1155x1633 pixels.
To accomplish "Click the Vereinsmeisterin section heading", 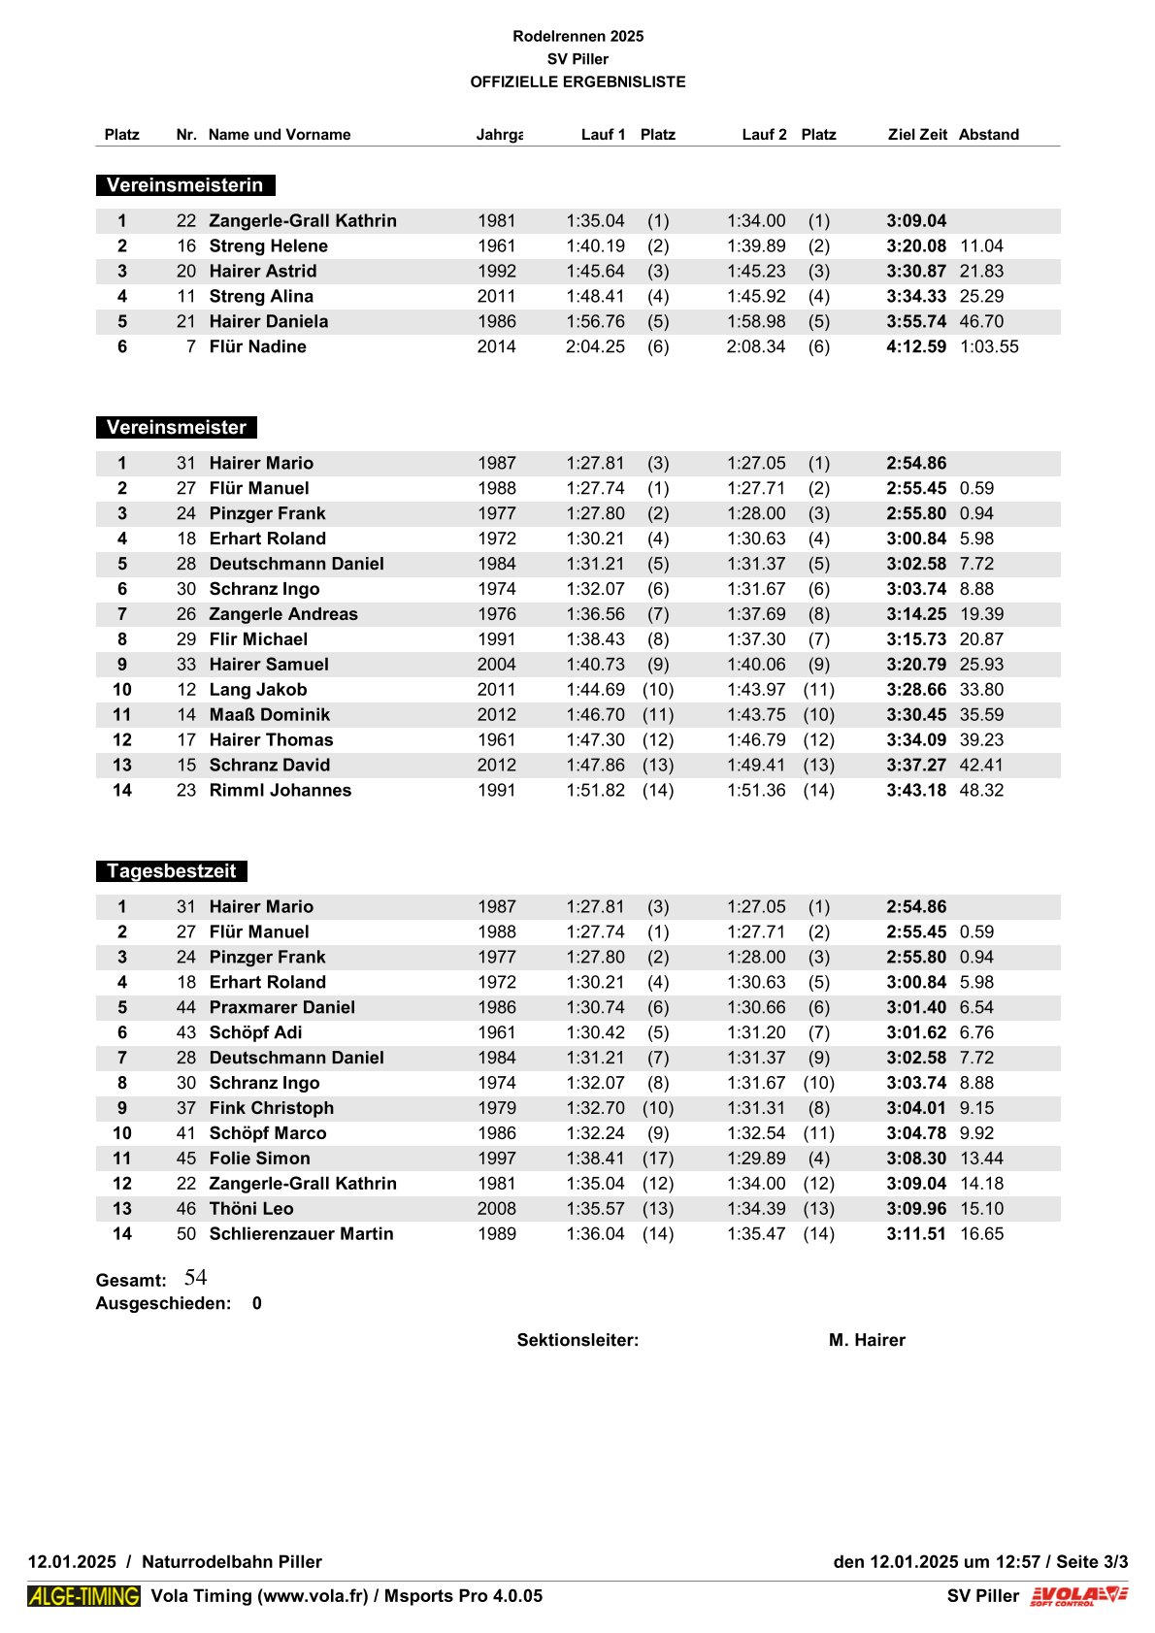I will tap(184, 185).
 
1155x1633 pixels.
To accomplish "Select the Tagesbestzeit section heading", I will tap(171, 871).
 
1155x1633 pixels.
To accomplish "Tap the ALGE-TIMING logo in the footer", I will tap(83, 1595).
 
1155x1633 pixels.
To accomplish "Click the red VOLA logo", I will tap(1079, 1595).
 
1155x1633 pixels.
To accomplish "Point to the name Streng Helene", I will tap(268, 246).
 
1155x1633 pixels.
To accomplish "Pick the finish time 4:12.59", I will tap(915, 347).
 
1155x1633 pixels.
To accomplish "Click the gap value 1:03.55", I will tap(989, 347).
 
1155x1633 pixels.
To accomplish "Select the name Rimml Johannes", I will tap(280, 791).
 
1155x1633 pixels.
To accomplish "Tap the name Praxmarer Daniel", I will tap(281, 1008).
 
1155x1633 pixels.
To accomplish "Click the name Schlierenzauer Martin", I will tap(301, 1234).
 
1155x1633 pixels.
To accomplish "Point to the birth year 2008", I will tap(496, 1209).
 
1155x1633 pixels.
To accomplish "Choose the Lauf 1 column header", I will tap(603, 135).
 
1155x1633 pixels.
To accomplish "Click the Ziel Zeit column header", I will tap(916, 135).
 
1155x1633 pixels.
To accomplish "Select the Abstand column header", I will tap(988, 135).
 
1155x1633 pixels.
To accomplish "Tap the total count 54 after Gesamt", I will tap(195, 1278).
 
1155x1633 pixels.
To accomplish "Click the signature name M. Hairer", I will tap(866, 1341).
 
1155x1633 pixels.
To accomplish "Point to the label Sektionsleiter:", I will tap(577, 1341).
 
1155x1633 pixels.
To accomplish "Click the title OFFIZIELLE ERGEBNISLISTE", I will tap(577, 82).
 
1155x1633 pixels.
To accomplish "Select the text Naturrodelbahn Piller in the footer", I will tap(231, 1562).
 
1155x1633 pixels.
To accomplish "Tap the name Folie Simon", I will tap(259, 1159).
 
